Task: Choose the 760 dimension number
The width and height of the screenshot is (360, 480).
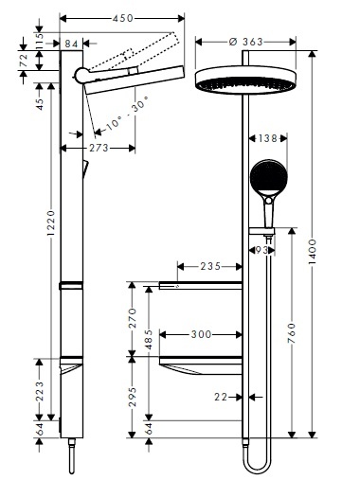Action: pyautogui.click(x=292, y=333)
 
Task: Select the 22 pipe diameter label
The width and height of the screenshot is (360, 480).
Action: pyautogui.click(x=220, y=399)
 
